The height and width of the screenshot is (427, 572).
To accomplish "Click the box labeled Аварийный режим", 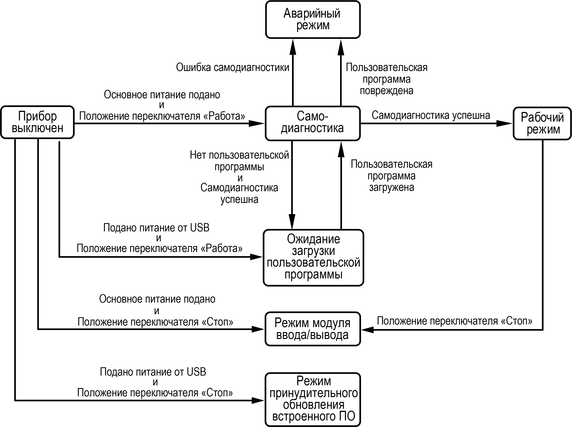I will click(313, 20).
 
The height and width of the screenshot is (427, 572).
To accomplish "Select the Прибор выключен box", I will click(37, 122).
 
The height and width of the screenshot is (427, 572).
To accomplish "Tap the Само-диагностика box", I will click(313, 123).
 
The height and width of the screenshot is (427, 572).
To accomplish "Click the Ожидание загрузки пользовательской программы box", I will click(313, 258).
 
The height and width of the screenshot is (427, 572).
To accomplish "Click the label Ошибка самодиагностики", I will click(233, 67).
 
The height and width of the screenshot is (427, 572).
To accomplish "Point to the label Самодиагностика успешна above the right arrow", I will click(431, 115).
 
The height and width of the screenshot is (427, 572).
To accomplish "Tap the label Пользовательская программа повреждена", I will click(387, 79).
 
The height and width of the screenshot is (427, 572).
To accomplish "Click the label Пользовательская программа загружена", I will click(391, 176).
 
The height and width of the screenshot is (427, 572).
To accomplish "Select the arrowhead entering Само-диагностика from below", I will click(341, 149).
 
